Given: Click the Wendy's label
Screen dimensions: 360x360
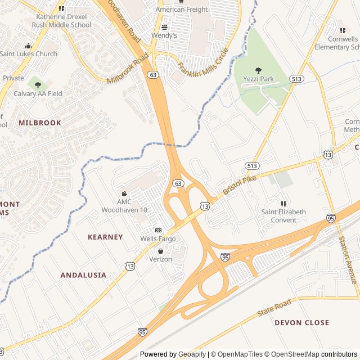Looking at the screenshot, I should tap(164, 35).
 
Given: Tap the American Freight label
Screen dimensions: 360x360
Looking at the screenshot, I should tap(181, 10).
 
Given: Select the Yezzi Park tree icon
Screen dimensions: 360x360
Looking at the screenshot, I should tap(259, 70).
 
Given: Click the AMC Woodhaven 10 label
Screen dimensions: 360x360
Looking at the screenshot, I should tap(124, 206).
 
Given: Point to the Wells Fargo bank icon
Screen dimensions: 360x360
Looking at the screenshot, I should tap(158, 231).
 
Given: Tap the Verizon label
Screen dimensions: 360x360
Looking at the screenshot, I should tap(160, 259).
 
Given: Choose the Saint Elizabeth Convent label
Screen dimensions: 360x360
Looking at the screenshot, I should tap(283, 216).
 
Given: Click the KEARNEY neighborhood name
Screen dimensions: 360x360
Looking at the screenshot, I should tap(105, 237).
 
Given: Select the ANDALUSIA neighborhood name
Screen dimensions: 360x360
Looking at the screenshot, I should tap(83, 275).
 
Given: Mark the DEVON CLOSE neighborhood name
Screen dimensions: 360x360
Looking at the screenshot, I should tap(301, 322).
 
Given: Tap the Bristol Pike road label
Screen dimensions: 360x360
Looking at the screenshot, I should tap(239, 185).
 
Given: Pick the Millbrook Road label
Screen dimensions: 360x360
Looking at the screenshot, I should tap(128, 69).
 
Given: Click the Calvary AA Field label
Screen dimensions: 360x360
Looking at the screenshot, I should tap(38, 94).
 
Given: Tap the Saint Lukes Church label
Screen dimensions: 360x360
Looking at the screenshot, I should tap(28, 54).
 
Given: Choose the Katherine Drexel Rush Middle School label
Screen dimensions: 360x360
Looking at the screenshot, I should tap(61, 21).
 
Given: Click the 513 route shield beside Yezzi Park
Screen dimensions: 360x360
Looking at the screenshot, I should tap(296, 79).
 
